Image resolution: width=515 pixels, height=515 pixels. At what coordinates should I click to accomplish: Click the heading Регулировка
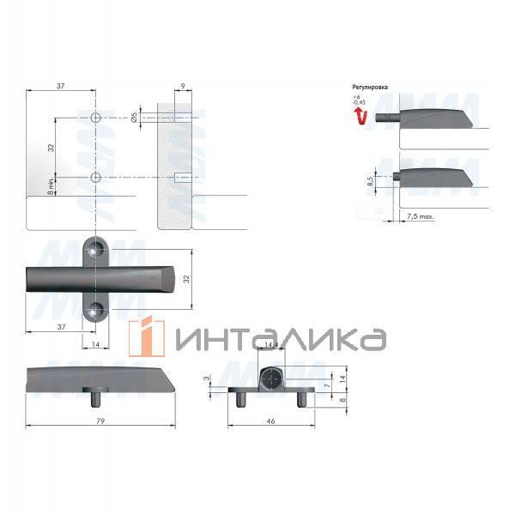[x=370, y=88]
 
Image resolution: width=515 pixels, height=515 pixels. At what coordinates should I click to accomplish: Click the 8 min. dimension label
[x=51, y=186]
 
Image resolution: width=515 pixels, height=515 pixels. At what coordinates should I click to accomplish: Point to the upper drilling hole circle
[x=96, y=117]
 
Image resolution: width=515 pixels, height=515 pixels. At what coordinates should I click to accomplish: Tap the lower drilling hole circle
[x=96, y=177]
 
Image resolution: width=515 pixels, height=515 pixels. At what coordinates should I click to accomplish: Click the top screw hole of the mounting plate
[x=97, y=251]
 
